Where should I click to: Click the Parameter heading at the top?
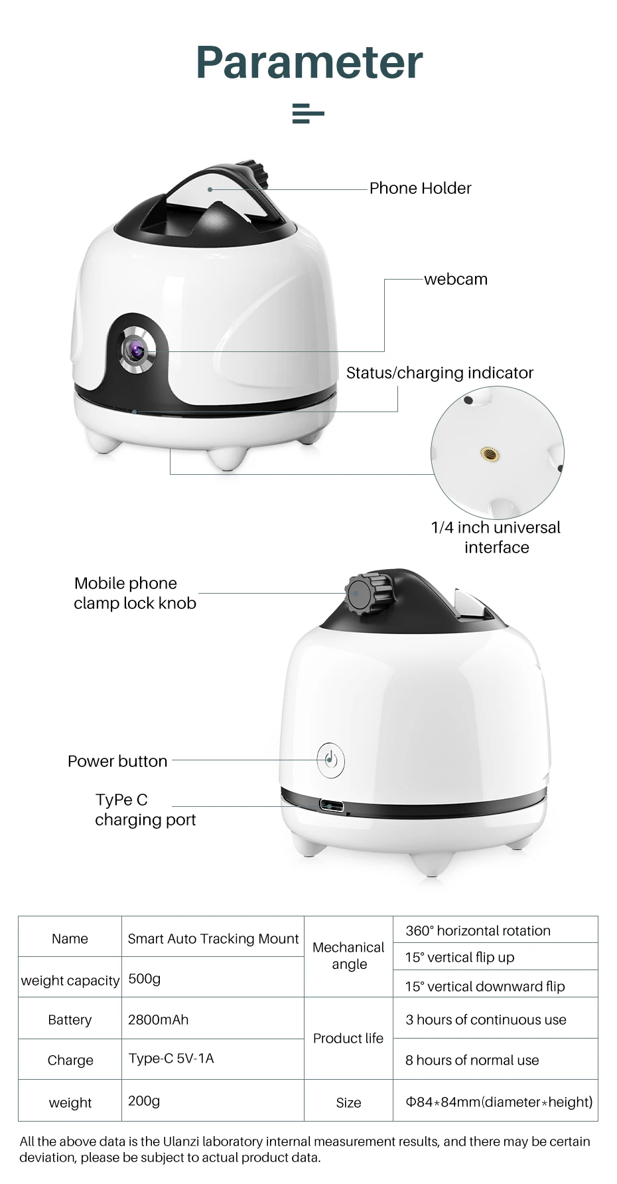pyautogui.click(x=309, y=62)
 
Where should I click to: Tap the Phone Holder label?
pyautogui.click(x=420, y=189)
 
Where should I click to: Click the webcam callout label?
pyautogui.click(x=456, y=280)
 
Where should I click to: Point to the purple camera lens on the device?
pyautogui.click(x=137, y=347)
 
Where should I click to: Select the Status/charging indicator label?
pyautogui.click(x=439, y=373)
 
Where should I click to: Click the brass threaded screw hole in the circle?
pyautogui.click(x=490, y=454)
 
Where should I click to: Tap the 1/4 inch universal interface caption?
pyautogui.click(x=496, y=537)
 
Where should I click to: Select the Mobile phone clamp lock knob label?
pyautogui.click(x=135, y=593)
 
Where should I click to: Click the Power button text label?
pyautogui.click(x=117, y=762)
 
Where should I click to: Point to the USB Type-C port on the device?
pyautogui.click(x=332, y=806)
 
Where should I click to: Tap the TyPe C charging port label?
pyautogui.click(x=145, y=809)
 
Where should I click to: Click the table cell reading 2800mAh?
pyautogui.click(x=158, y=1020)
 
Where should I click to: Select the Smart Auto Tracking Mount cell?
pyautogui.click(x=213, y=939)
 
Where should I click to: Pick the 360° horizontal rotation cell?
pyautogui.click(x=478, y=931)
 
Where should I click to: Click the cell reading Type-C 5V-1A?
pyautogui.click(x=171, y=1058)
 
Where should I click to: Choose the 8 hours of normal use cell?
pyautogui.click(x=472, y=1060)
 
